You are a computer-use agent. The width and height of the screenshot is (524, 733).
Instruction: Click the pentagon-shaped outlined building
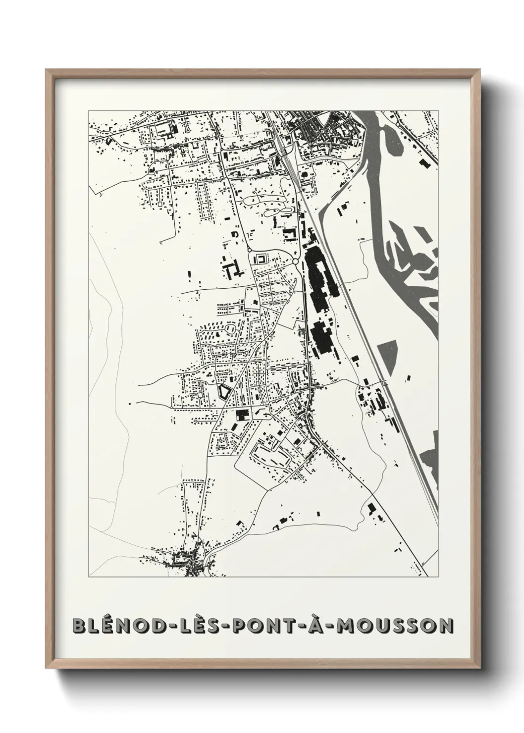[225, 392]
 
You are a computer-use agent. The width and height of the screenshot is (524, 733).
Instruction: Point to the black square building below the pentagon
[241, 415]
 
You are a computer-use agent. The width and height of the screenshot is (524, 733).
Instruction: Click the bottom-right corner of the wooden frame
[478, 669]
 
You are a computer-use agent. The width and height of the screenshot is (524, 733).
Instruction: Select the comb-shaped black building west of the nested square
[232, 269]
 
